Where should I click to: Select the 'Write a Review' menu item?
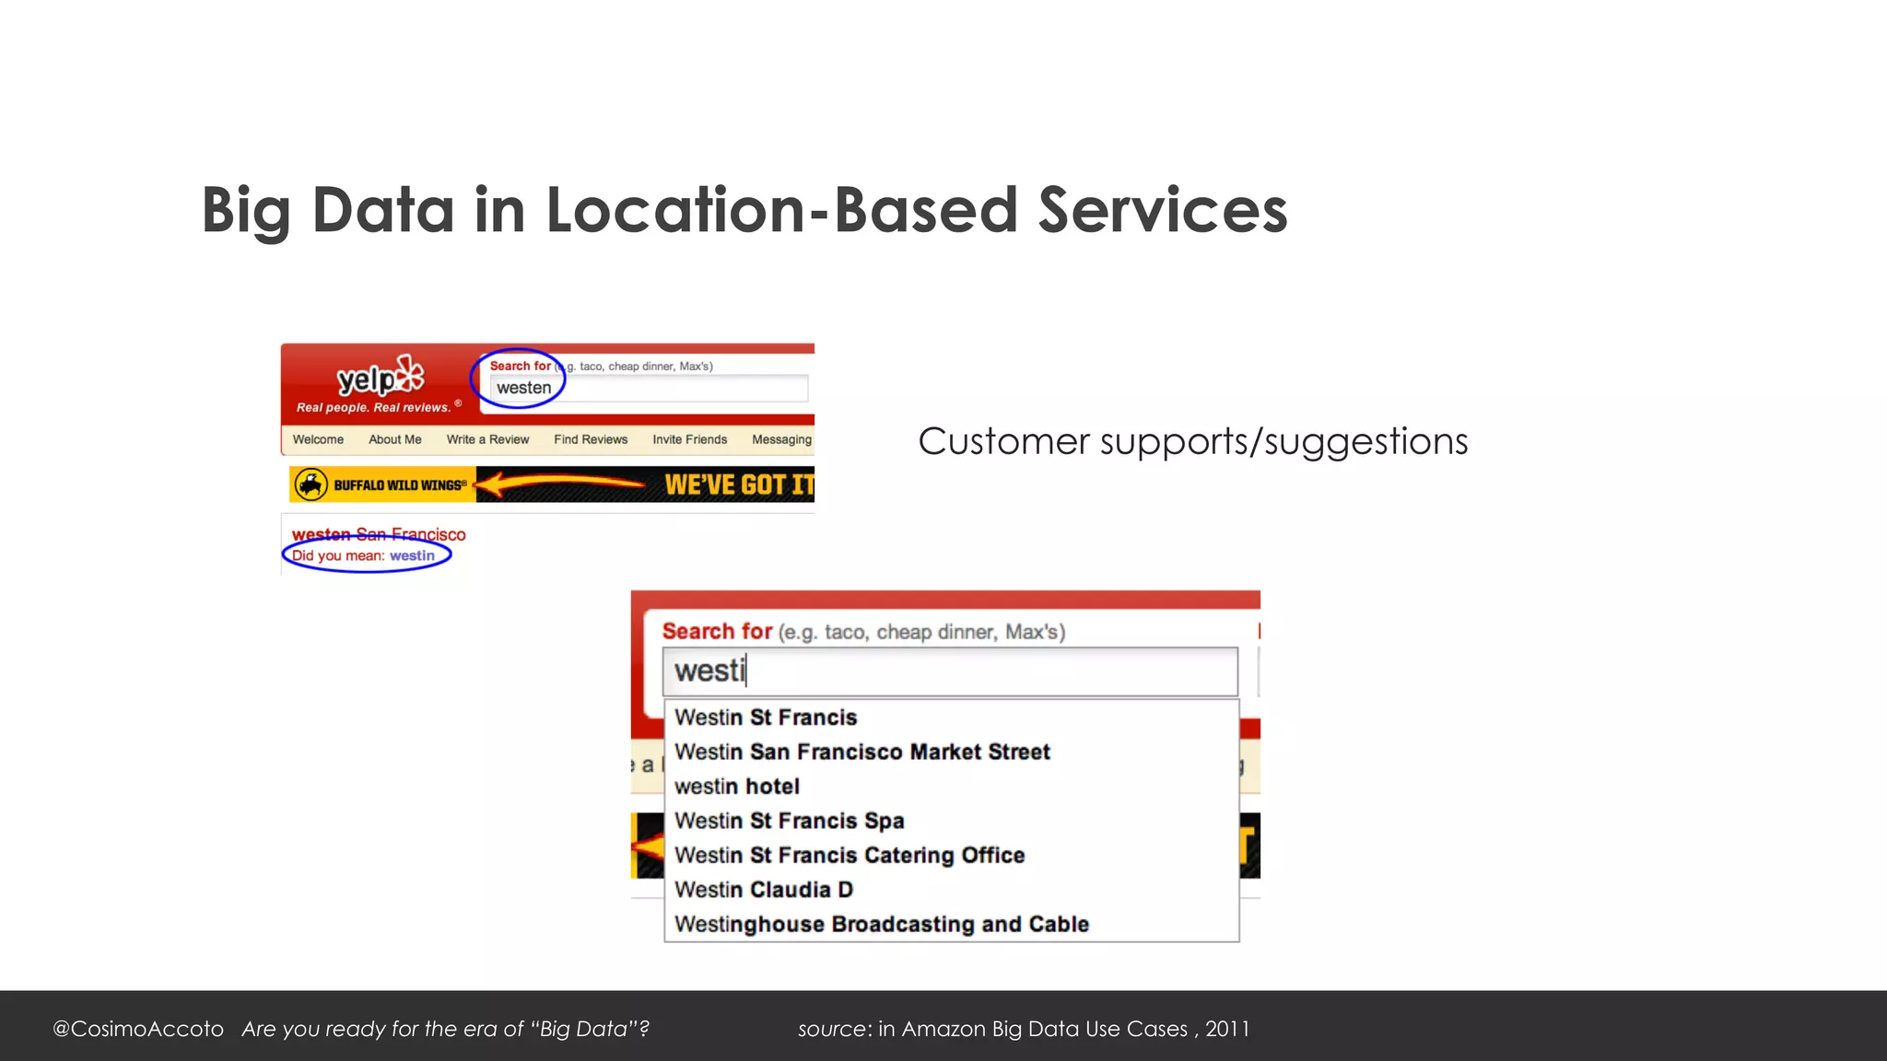pos(487,439)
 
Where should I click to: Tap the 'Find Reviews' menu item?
pos(591,439)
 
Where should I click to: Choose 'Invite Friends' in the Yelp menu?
pos(689,439)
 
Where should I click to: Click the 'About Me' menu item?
pos(394,439)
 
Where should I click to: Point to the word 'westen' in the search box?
pos(523,388)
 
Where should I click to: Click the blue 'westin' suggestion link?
pos(412,555)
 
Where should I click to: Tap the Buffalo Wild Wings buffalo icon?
pos(311,484)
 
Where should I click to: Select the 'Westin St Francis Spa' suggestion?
pos(789,821)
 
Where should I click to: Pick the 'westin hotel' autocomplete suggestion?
pos(736,787)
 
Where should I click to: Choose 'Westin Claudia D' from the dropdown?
pos(763,890)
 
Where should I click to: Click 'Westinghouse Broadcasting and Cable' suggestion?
pos(881,924)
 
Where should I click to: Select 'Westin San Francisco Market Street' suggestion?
pos(861,752)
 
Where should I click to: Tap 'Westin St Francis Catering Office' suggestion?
pos(849,856)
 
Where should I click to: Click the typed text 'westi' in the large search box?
pos(709,670)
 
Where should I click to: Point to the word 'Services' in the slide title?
pos(1163,210)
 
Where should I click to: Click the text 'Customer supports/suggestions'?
pos(1192,441)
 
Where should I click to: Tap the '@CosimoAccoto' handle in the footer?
pos(138,1029)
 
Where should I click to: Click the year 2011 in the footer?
pos(1227,1029)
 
